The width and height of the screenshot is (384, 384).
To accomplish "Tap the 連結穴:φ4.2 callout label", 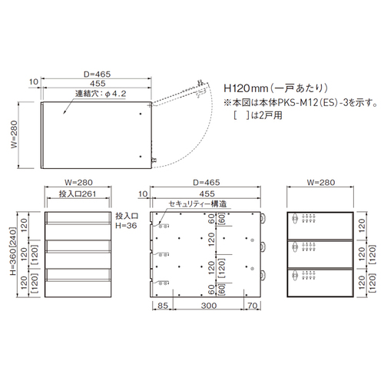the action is click(101, 94).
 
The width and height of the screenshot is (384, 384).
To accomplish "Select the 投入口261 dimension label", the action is click(78, 194).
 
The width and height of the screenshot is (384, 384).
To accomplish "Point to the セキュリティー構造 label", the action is click(197, 204).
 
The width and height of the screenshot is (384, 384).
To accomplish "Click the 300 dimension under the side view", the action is click(209, 306).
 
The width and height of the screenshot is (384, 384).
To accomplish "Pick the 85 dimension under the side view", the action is click(163, 306).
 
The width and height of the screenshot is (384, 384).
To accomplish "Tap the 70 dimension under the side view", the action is click(253, 306).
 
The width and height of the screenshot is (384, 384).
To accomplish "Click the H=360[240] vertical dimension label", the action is click(13, 251).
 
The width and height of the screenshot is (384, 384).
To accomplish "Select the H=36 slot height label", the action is click(126, 226).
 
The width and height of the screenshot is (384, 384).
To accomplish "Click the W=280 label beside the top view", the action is click(14, 134).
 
